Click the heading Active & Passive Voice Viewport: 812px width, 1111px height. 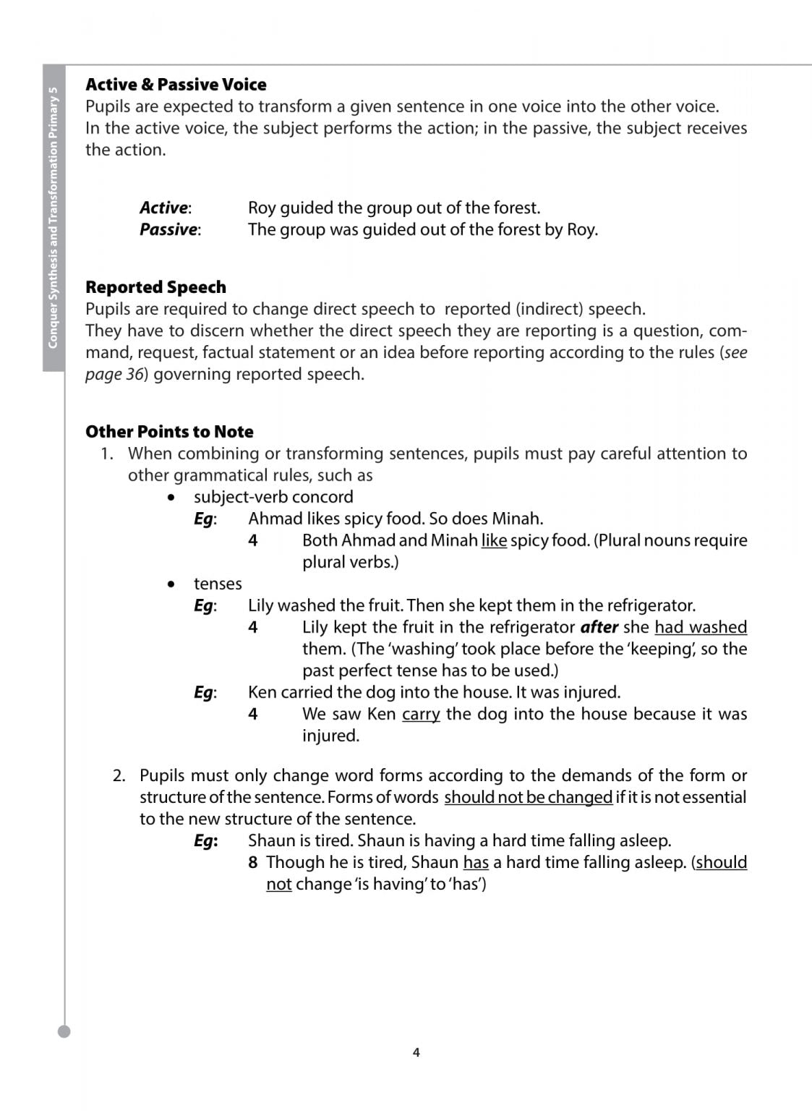176,85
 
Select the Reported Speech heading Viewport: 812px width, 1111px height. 155,287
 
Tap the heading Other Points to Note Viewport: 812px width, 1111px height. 169,432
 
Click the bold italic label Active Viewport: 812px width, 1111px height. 164,208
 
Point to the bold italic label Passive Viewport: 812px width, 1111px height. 168,229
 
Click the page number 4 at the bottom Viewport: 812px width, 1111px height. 416,1052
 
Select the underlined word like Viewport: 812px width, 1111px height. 494,540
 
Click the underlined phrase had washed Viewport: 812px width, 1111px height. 701,627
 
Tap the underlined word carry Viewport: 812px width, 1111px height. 421,714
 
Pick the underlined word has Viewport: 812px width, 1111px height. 476,862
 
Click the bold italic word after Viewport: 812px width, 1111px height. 599,627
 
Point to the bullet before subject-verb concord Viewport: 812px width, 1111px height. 171,498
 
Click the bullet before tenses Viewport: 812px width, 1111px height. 171,584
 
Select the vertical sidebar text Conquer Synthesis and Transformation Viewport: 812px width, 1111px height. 53,217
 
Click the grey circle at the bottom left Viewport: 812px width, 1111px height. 64,1031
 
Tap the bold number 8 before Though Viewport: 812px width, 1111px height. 252,862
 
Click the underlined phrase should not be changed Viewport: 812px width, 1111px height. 529,797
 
